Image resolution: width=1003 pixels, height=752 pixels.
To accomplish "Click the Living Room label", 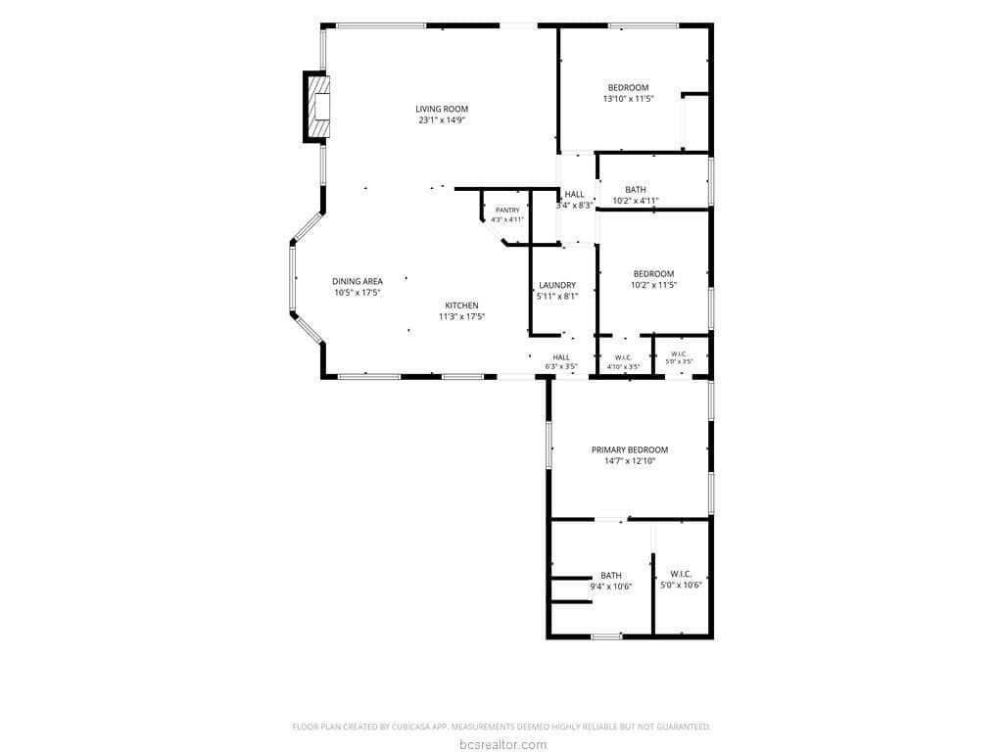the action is [x=442, y=109].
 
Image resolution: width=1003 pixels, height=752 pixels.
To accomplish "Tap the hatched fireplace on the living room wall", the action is [x=316, y=107].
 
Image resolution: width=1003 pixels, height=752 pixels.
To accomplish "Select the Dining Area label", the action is [x=357, y=281].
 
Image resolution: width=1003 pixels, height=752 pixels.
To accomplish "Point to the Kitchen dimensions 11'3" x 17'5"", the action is [x=462, y=316].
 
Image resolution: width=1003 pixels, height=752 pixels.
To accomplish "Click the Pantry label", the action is [x=507, y=211].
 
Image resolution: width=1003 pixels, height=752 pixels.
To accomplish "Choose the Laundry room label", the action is [x=557, y=285].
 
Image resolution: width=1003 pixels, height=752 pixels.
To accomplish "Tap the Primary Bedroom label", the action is [x=630, y=449].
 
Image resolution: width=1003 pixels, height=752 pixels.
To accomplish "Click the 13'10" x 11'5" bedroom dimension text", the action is [x=628, y=99].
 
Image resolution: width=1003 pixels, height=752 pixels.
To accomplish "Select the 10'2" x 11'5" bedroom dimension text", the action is [x=653, y=285].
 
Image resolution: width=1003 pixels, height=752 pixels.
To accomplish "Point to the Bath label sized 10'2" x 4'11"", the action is [x=635, y=189].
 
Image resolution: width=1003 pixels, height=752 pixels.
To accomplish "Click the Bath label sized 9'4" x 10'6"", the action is [x=611, y=576].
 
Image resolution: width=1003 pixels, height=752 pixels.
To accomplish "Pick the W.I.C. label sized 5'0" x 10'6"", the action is [x=681, y=574].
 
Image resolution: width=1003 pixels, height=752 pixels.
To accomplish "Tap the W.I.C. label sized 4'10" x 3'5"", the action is [x=623, y=357].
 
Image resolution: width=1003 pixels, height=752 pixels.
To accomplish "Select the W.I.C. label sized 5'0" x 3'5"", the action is [x=679, y=353].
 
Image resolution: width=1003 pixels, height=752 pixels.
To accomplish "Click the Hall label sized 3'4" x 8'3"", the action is [x=574, y=195].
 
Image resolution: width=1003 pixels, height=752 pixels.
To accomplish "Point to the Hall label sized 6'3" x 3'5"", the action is [x=561, y=357].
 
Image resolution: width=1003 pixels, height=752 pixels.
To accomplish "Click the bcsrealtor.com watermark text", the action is [x=502, y=744].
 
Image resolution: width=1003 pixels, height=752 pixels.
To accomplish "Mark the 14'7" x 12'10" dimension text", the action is [x=630, y=461].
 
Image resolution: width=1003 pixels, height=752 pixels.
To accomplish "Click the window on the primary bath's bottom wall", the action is [x=606, y=636].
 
